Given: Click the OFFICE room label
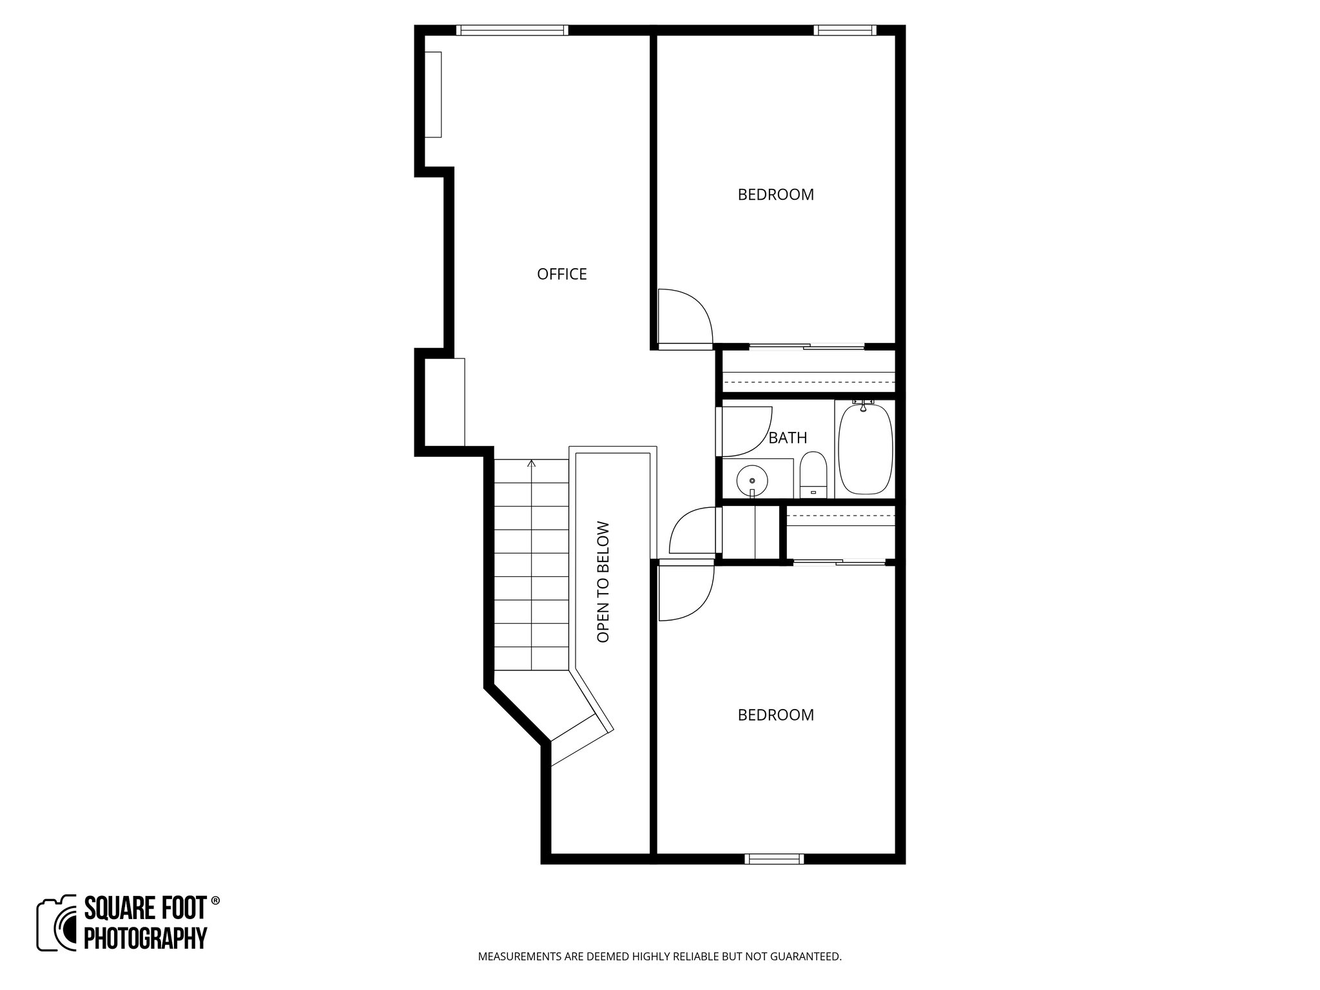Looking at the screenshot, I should click(561, 275).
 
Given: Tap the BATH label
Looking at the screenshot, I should click(788, 438).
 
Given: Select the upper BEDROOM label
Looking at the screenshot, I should click(775, 195).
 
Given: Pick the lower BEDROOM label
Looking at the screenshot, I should click(775, 715).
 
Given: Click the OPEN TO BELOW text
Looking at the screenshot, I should click(603, 581).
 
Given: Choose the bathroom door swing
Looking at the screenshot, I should click(746, 431).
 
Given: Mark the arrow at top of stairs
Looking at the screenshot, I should click(531, 463).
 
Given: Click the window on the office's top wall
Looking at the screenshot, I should click(512, 30).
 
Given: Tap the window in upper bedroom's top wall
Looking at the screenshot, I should click(845, 30).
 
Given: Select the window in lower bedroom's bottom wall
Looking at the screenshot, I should click(774, 859).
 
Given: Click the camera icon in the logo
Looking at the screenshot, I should click(57, 923).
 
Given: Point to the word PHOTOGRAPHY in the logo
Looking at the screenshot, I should click(146, 937).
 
